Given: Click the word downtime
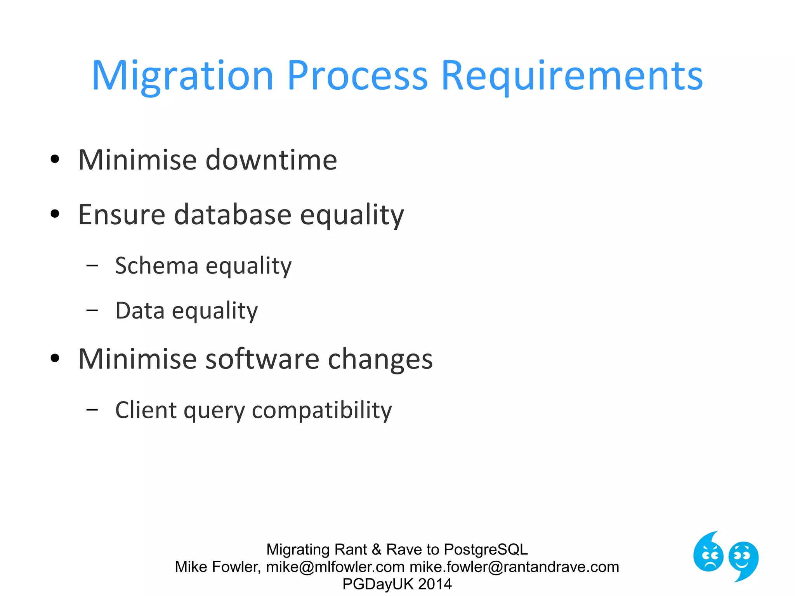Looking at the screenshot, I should tap(271, 160).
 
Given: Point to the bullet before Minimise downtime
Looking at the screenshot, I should tap(55, 159).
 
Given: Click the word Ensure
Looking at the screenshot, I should tap(122, 215).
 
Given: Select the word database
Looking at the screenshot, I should tap(233, 215).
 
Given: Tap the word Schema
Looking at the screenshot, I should tap(156, 266).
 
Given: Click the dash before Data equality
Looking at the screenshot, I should tap(92, 310).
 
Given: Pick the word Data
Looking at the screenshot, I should tap(140, 311).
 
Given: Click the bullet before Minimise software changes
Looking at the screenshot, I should tap(55, 358).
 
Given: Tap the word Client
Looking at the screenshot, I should tap(146, 410).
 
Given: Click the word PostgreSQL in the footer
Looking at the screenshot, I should tap(486, 549).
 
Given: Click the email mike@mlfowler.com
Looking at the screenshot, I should tap(335, 567).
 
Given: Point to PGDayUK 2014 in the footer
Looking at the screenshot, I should tap(397, 584).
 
